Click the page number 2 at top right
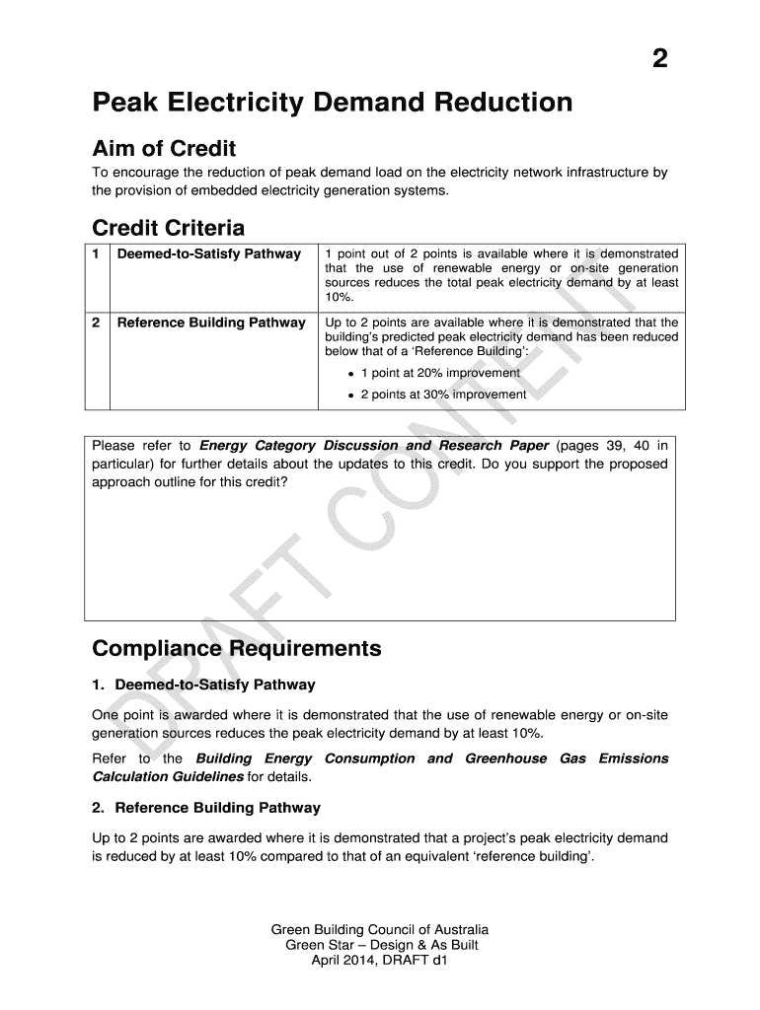click(659, 59)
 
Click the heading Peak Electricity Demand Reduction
click(332, 103)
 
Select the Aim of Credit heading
click(164, 149)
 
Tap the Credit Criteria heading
click(168, 228)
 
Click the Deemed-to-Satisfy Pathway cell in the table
click(208, 254)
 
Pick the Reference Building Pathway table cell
click(211, 323)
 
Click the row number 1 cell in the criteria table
click(96, 254)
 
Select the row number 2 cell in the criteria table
click(96, 323)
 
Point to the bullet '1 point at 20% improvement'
click(439, 373)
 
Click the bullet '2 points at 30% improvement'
click(443, 395)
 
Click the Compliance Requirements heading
click(236, 649)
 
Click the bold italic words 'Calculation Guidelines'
click(168, 777)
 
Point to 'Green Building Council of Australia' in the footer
click(380, 930)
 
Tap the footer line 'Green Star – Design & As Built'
click(380, 945)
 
